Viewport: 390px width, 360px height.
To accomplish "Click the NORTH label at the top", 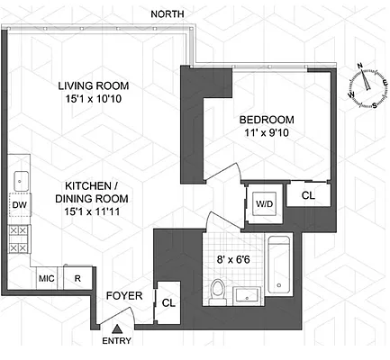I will [x=170, y=13].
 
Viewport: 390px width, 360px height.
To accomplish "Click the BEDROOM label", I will [x=268, y=119].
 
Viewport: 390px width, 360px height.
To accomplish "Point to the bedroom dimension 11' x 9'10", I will [x=268, y=133].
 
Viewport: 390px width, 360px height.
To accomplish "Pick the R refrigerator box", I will [x=77, y=279].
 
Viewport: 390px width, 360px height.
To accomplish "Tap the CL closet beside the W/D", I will [x=308, y=194].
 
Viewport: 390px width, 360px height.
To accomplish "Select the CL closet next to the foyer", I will [x=168, y=303].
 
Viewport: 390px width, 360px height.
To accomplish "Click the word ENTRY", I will [x=118, y=342].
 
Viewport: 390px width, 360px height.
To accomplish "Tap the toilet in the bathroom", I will [x=217, y=290].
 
